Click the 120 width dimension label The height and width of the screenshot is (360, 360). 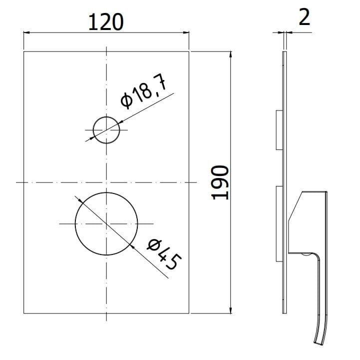pos(106,22)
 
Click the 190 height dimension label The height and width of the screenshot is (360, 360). pos(220,182)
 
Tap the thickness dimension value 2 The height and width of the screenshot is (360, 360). pos(305,17)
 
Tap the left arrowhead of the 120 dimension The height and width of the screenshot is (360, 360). pos(26,32)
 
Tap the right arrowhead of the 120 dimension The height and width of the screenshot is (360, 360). pos(186,32)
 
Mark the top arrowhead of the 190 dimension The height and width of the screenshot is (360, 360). pos(231,54)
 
